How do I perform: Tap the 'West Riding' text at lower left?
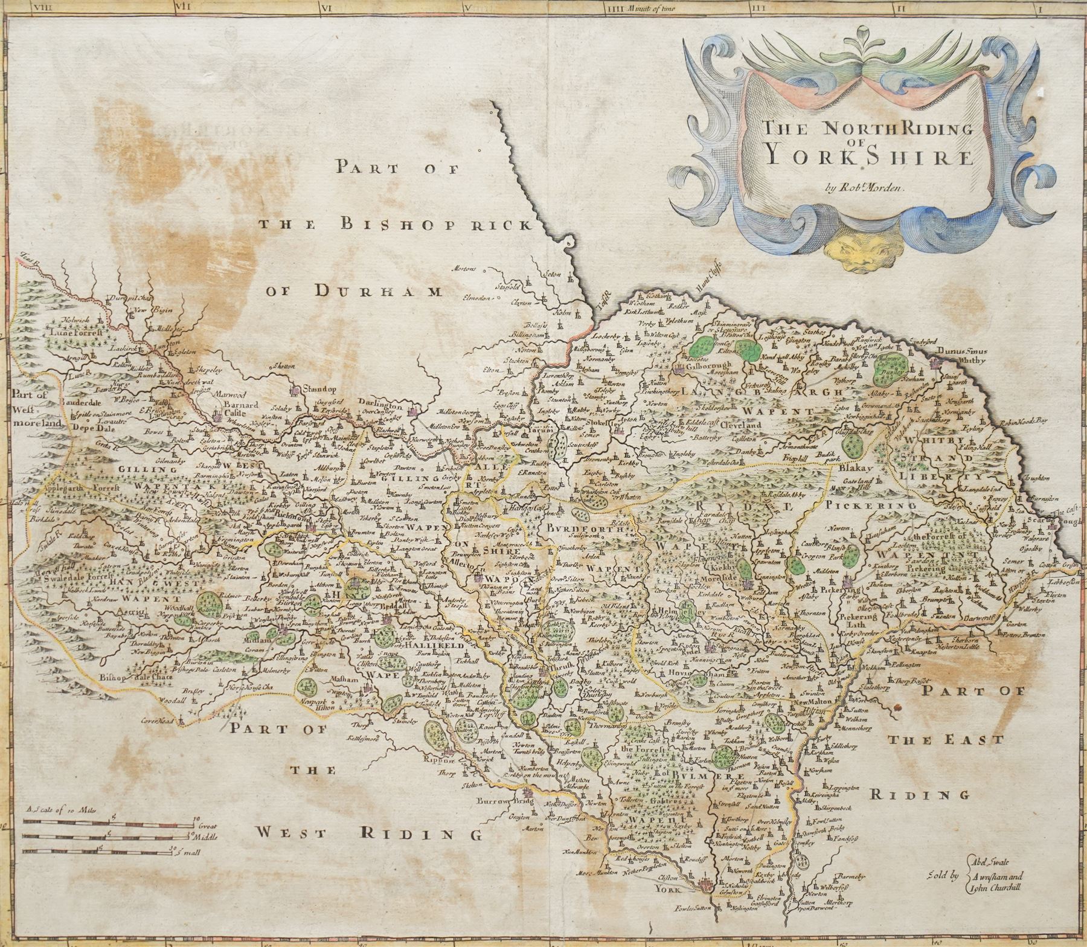(368, 833)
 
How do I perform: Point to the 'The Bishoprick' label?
(396, 225)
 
